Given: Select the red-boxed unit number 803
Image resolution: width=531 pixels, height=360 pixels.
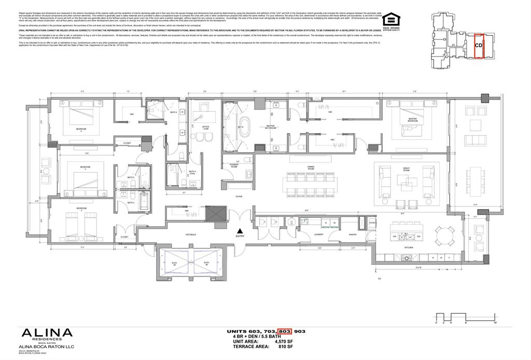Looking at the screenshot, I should click(284, 331).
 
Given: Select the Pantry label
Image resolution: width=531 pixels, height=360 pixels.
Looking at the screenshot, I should click(353, 234).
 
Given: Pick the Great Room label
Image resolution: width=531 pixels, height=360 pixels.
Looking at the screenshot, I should click(409, 168).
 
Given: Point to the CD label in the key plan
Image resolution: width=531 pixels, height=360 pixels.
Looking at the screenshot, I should click(479, 45).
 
